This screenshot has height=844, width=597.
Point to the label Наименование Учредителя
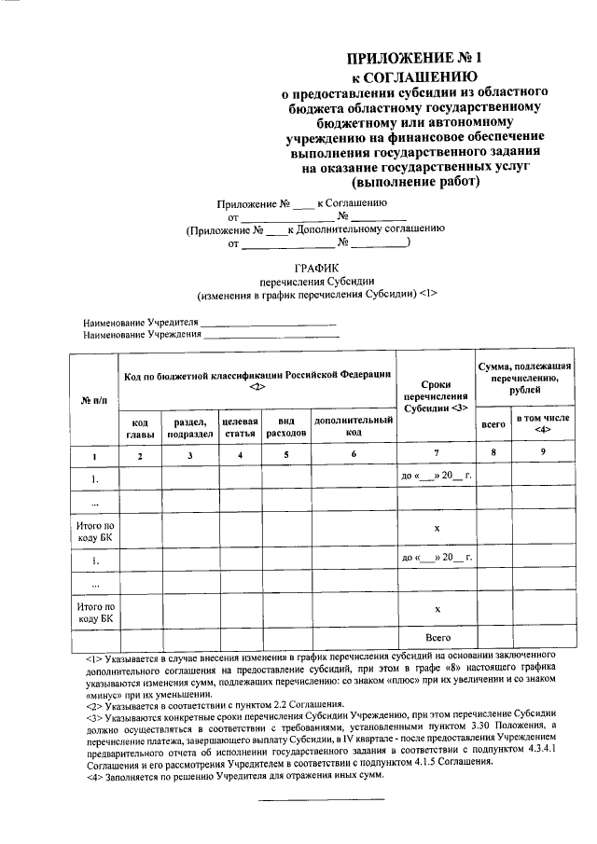(141, 322)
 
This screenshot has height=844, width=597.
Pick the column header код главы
(139, 427)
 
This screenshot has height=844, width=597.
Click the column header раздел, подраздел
(189, 427)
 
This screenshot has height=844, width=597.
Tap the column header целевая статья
(240, 427)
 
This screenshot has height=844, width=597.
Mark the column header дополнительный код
(353, 427)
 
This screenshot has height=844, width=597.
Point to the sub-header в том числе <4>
(545, 425)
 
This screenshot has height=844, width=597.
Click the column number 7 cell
(437, 454)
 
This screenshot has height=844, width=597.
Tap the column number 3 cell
(189, 455)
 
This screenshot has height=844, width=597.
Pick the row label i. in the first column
(94, 559)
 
